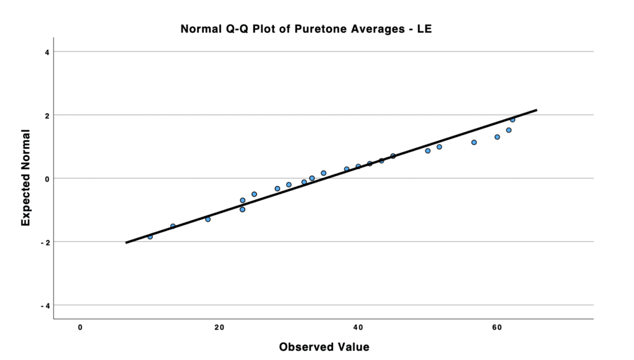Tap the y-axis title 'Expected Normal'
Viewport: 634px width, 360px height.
[26, 177]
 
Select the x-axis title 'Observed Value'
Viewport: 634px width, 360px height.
[324, 346]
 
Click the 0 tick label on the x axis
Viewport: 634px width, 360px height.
[80, 327]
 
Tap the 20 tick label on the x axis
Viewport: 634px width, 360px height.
[219, 327]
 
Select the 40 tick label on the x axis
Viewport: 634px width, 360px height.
[358, 327]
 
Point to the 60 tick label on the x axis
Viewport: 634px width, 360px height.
[497, 327]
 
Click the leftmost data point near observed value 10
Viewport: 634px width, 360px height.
[150, 237]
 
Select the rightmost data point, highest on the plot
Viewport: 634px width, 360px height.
[513, 120]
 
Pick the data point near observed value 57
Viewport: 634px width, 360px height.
[474, 143]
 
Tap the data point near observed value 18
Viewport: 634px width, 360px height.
[208, 219]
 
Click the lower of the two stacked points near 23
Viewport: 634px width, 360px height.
[243, 209]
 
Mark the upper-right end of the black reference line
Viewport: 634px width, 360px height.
[536, 110]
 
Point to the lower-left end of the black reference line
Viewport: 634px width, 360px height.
[126, 242]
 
